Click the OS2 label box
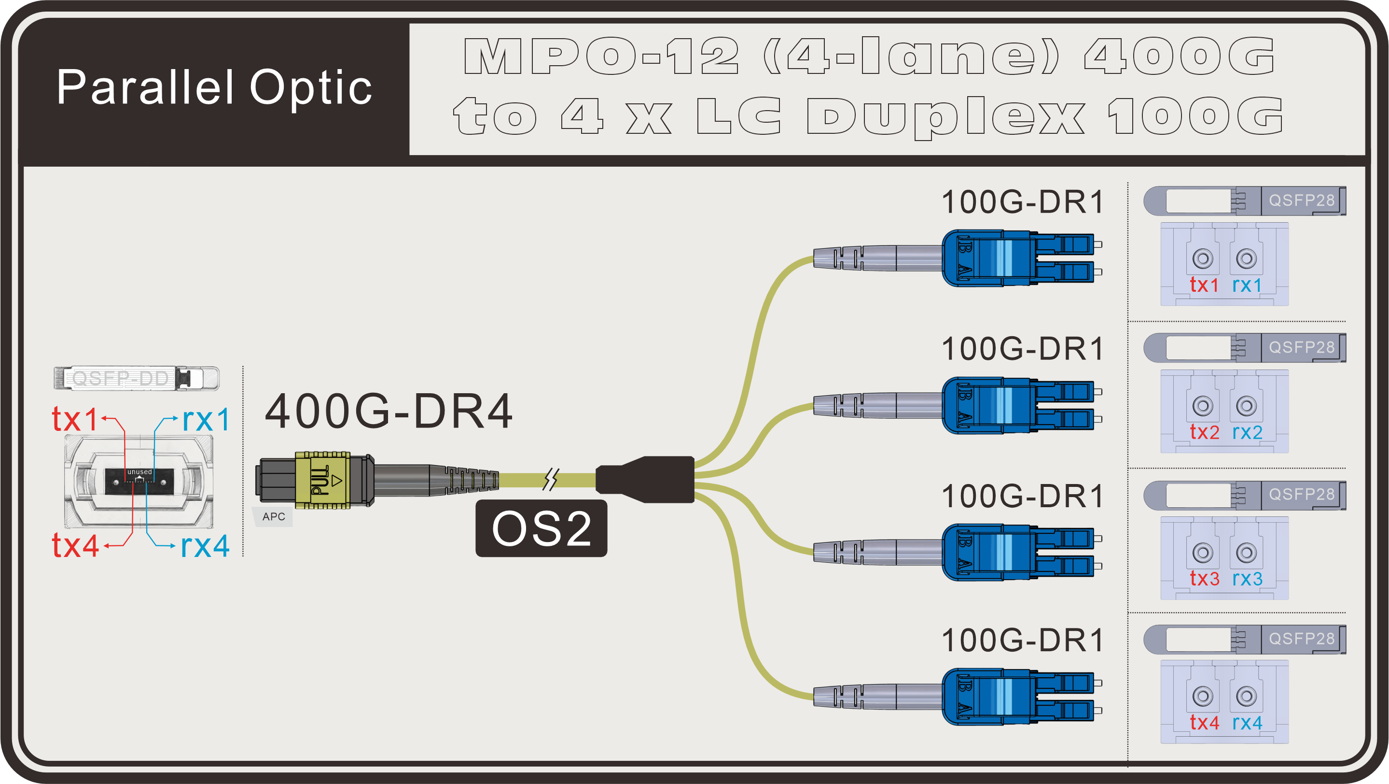pyautogui.click(x=541, y=528)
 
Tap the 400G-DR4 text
pyautogui.click(x=388, y=411)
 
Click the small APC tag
pyautogui.click(x=273, y=516)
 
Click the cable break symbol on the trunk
pyautogui.click(x=551, y=479)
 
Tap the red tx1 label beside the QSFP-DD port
pyautogui.click(x=74, y=419)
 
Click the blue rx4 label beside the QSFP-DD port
pyautogui.click(x=205, y=545)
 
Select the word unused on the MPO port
pyautogui.click(x=139, y=471)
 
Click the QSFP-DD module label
pyautogui.click(x=121, y=378)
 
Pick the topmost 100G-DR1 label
pyautogui.click(x=1022, y=202)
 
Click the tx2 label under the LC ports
pyautogui.click(x=1205, y=432)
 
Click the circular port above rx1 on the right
pyautogui.click(x=1246, y=258)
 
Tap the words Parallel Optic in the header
pyautogui.click(x=214, y=87)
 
